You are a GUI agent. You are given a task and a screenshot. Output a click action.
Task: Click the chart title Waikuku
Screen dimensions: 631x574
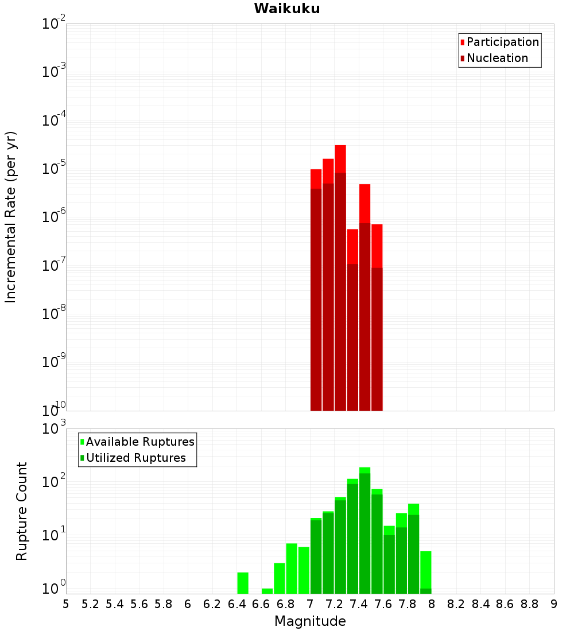(x=287, y=9)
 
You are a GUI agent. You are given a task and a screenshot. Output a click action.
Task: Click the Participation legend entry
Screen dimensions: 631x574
(x=502, y=42)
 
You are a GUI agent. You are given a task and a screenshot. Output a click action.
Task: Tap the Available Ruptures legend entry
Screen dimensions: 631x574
(x=139, y=442)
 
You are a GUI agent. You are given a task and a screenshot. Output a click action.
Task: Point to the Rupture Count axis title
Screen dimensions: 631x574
(x=22, y=511)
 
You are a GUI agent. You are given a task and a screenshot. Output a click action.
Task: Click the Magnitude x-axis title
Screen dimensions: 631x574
(x=310, y=621)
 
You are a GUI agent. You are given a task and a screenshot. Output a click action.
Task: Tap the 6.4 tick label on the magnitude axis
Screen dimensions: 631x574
(x=237, y=604)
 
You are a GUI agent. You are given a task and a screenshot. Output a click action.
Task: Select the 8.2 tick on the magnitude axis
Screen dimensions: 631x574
(x=456, y=604)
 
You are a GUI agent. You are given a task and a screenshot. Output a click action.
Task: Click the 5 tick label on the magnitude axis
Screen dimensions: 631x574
(x=66, y=604)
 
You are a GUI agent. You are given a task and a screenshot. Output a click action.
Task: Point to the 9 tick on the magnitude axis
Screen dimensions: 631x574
(x=554, y=604)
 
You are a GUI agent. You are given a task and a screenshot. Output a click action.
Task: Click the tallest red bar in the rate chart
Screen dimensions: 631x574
(x=340, y=275)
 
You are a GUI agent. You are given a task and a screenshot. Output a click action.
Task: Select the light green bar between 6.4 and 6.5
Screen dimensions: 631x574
(x=243, y=583)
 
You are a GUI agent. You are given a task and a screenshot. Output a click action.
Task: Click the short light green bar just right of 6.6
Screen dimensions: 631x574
(x=267, y=591)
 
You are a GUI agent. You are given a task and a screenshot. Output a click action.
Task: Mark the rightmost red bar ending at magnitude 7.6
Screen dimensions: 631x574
(x=377, y=315)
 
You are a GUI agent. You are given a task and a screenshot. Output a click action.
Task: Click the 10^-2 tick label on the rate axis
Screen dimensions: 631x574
(x=54, y=24)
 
